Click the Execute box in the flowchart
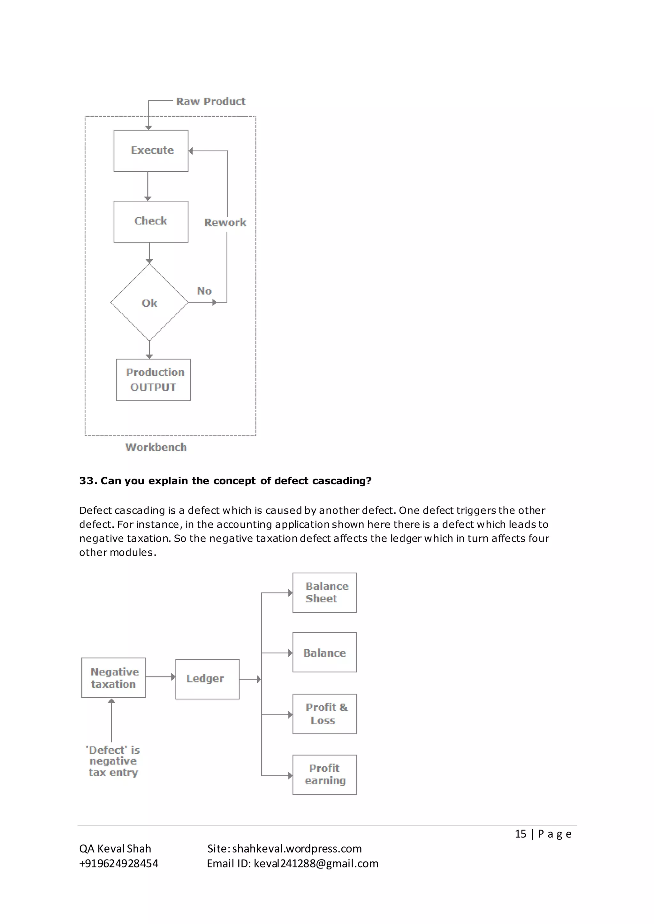[151, 151]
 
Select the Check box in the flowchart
[151, 221]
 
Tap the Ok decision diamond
[149, 303]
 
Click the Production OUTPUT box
[153, 379]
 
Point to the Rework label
[225, 223]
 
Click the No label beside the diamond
[204, 291]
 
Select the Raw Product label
[211, 101]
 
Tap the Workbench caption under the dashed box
[156, 447]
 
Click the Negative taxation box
[114, 678]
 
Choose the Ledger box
[207, 679]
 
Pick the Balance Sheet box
[324, 592]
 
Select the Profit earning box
[324, 774]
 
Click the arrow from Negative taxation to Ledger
[160, 677]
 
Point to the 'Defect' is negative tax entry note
[113, 761]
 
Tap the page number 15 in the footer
[520, 833]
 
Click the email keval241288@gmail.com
[316, 863]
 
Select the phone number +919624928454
[119, 863]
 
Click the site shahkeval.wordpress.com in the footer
[297, 848]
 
